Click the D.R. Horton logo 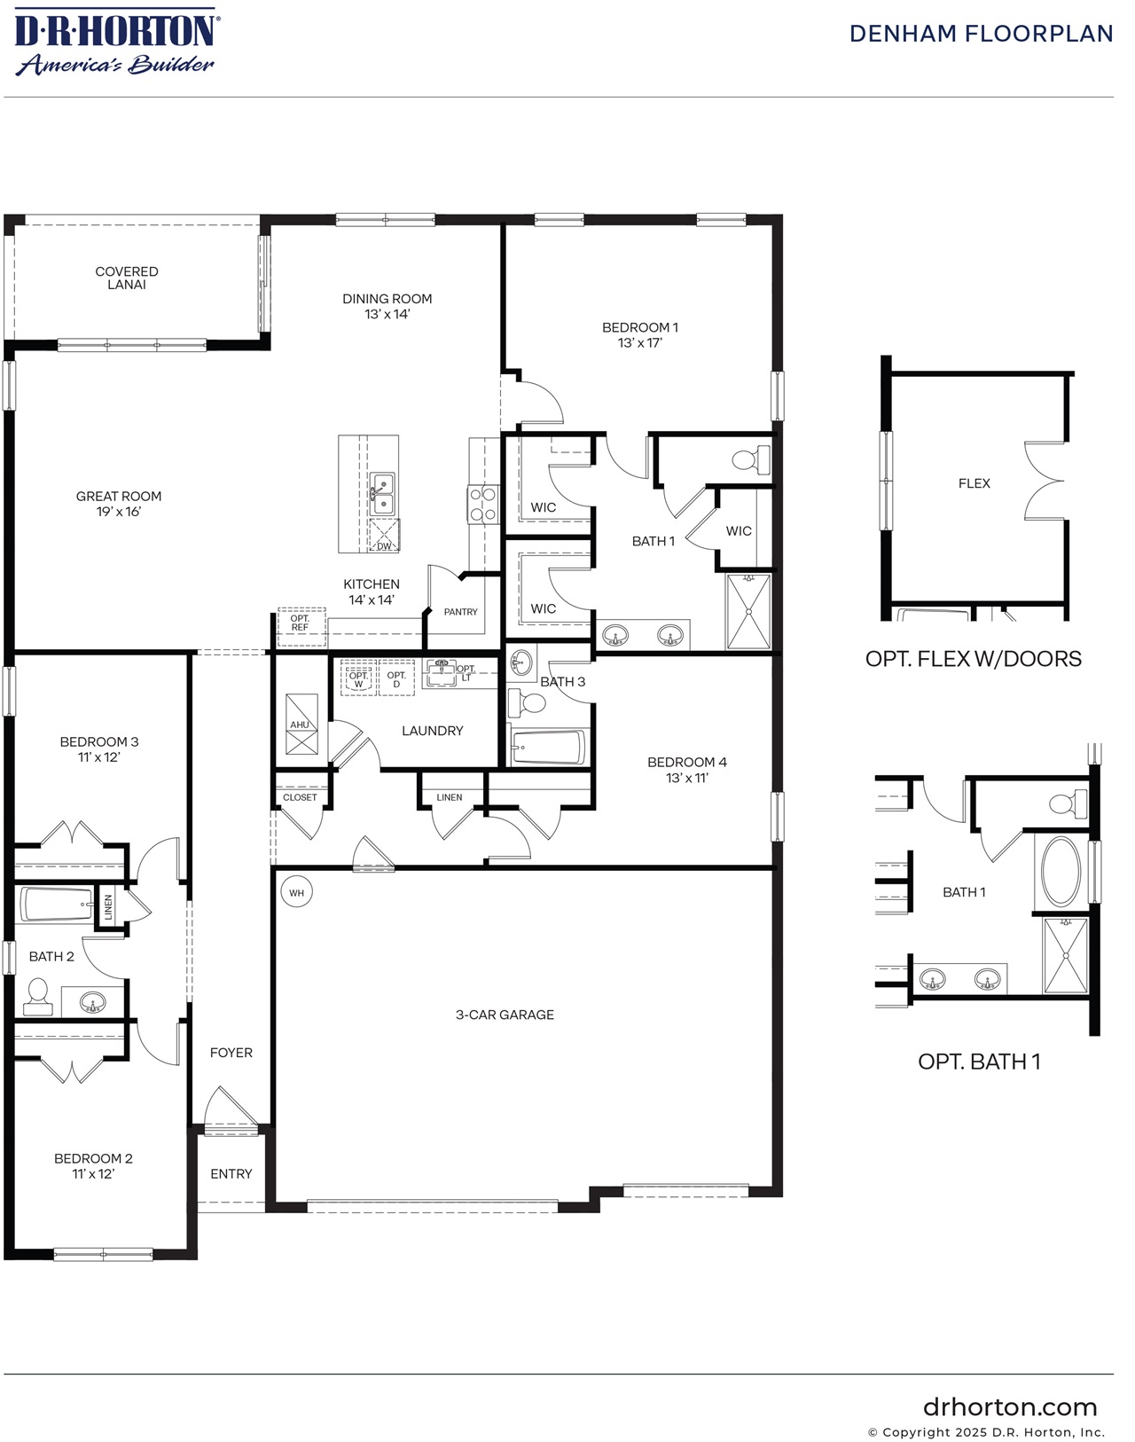click(115, 41)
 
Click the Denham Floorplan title click(981, 34)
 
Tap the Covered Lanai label click(127, 278)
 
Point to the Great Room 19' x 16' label click(119, 504)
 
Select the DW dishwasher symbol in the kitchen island click(385, 536)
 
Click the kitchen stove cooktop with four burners click(482, 505)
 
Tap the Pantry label click(460, 612)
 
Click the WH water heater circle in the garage click(296, 892)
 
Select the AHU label click(300, 725)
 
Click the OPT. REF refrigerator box click(300, 623)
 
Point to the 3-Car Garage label click(505, 1015)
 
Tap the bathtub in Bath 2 click(56, 905)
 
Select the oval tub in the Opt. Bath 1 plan click(1061, 872)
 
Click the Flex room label click(974, 483)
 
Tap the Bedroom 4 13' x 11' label click(686, 770)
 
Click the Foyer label click(231, 1053)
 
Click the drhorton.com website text click(1009, 1407)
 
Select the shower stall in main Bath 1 click(748, 611)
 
